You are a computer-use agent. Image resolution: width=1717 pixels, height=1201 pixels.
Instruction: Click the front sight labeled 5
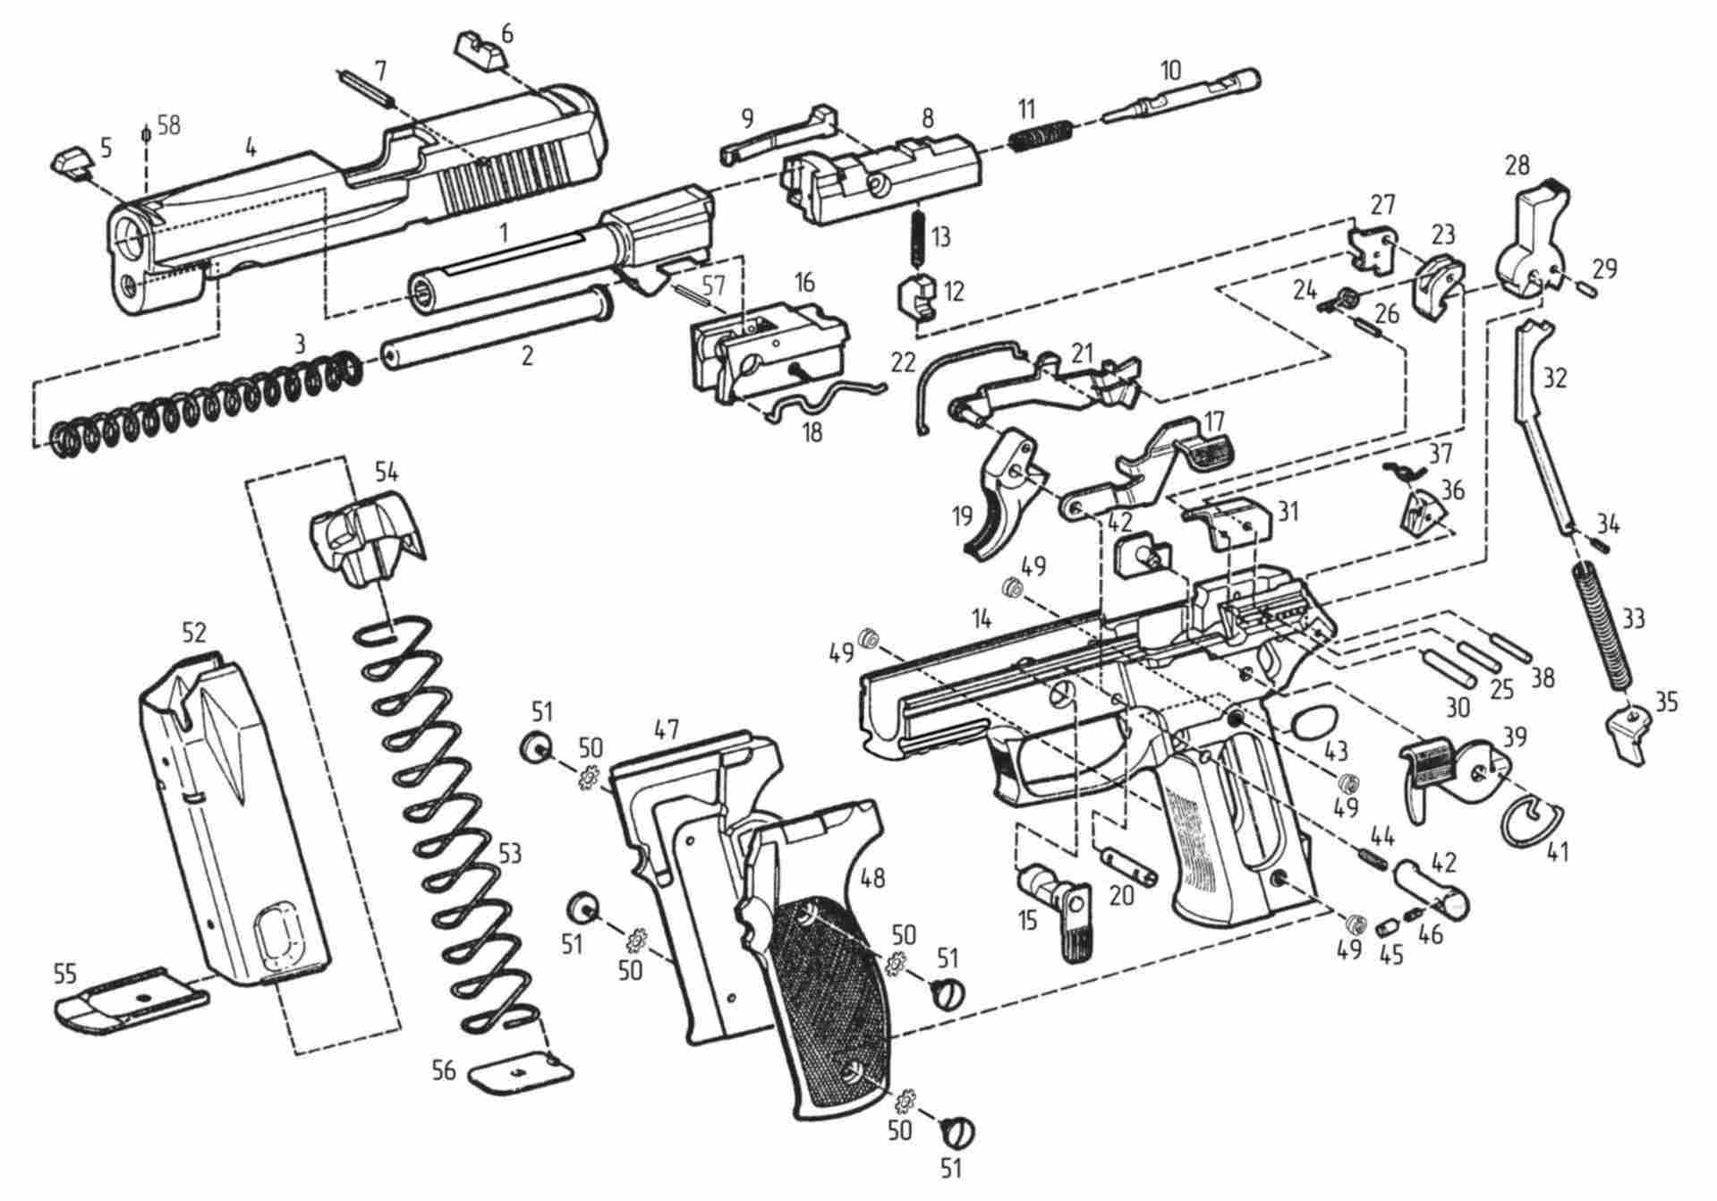click(70, 164)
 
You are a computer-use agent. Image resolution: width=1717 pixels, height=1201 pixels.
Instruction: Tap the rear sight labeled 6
click(481, 50)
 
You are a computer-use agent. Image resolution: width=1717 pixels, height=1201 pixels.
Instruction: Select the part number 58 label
click(168, 124)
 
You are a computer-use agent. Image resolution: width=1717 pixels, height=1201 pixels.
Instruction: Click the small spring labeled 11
click(1043, 136)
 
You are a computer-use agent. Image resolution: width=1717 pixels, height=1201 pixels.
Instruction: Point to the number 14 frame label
click(982, 618)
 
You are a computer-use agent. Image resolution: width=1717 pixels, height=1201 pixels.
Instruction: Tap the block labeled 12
click(917, 297)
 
